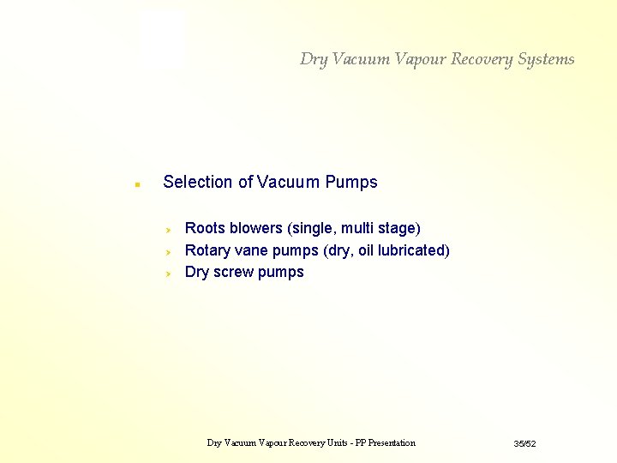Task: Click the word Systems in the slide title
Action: (547, 59)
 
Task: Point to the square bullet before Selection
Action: (136, 183)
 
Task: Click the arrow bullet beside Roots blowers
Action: (170, 230)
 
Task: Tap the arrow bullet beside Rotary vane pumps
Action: (170, 252)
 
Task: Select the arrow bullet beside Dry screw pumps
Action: (170, 274)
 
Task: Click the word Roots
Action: (205, 228)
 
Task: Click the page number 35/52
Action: (524, 443)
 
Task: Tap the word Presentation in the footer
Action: (386, 443)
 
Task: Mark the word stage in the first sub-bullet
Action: (398, 228)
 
